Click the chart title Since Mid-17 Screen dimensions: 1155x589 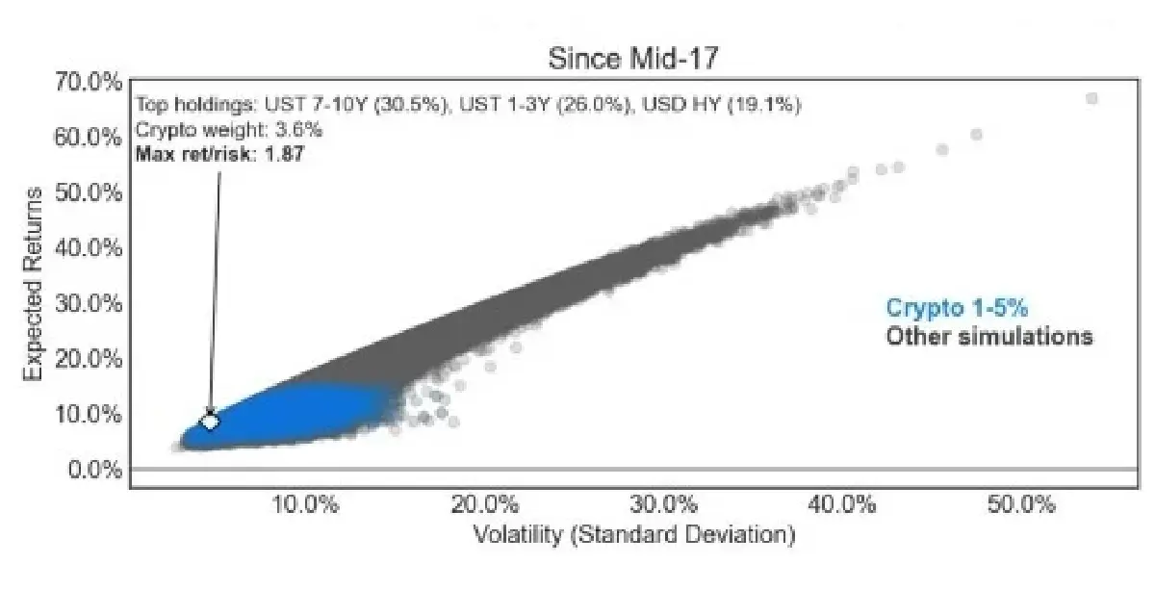(x=632, y=59)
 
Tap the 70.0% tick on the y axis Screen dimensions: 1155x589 (x=89, y=82)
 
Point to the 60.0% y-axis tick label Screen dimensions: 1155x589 (x=89, y=138)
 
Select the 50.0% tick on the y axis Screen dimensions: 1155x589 (x=89, y=192)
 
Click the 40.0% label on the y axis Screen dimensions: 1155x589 (x=89, y=248)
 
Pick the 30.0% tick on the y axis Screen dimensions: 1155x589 (x=89, y=303)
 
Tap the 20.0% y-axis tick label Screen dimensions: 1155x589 (x=89, y=358)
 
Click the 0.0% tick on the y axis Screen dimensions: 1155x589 (x=95, y=470)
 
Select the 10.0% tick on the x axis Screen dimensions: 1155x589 (x=305, y=504)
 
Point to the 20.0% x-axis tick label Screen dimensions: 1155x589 (x=485, y=504)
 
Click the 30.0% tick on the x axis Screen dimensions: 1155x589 (x=663, y=504)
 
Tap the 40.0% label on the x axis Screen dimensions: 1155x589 (x=842, y=504)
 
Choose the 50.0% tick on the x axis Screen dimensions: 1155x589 (x=1021, y=504)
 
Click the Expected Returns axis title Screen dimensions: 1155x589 (x=33, y=284)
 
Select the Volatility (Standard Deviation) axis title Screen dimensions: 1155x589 (x=634, y=535)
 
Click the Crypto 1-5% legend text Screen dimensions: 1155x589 (x=957, y=308)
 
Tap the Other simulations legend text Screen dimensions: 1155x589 (x=989, y=336)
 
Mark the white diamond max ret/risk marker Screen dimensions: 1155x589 (x=210, y=422)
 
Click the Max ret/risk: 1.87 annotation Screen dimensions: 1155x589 (x=220, y=154)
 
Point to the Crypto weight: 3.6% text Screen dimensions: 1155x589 (x=229, y=130)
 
